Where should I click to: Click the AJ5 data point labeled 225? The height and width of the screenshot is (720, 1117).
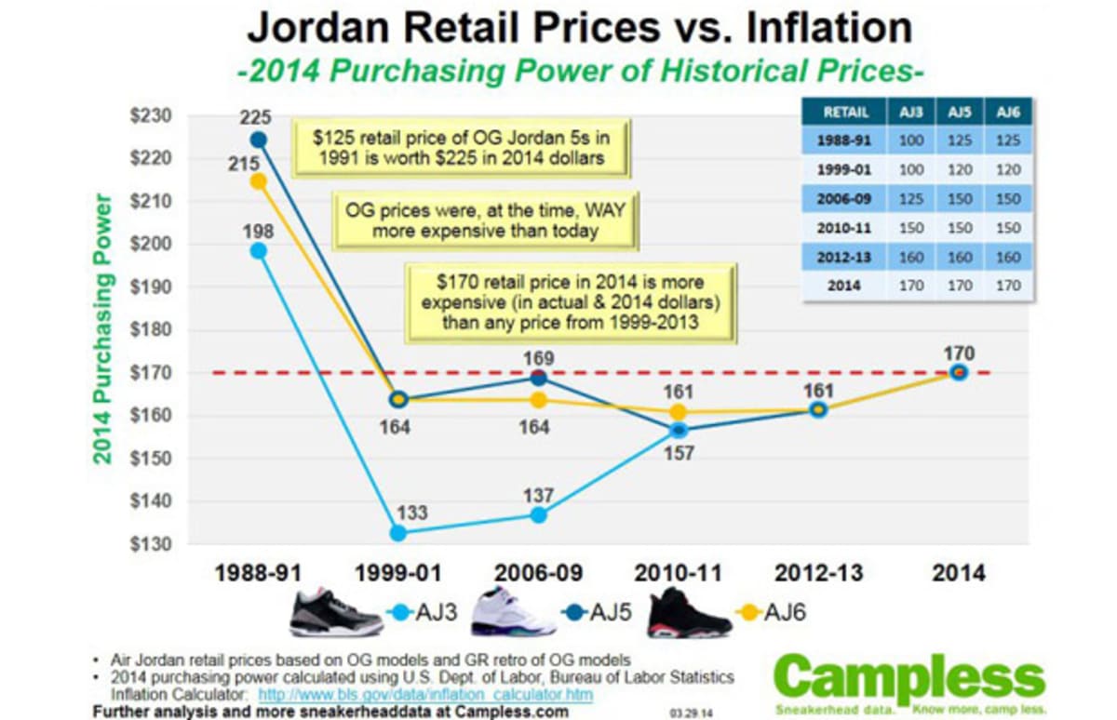pyautogui.click(x=259, y=140)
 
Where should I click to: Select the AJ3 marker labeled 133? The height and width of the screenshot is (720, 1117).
pyautogui.click(x=398, y=533)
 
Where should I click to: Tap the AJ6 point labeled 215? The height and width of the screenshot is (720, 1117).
pyautogui.click(x=259, y=181)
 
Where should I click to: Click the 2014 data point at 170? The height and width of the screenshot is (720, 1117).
pyautogui.click(x=958, y=372)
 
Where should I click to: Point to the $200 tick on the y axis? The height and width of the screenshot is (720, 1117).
pyautogui.click(x=152, y=245)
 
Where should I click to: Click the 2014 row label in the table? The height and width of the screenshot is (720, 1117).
pyautogui.click(x=844, y=285)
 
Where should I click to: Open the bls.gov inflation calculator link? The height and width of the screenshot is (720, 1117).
pyautogui.click(x=424, y=695)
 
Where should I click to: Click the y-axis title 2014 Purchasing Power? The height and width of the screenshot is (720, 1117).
pyautogui.click(x=102, y=330)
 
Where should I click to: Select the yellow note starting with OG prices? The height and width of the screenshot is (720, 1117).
pyautogui.click(x=485, y=220)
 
